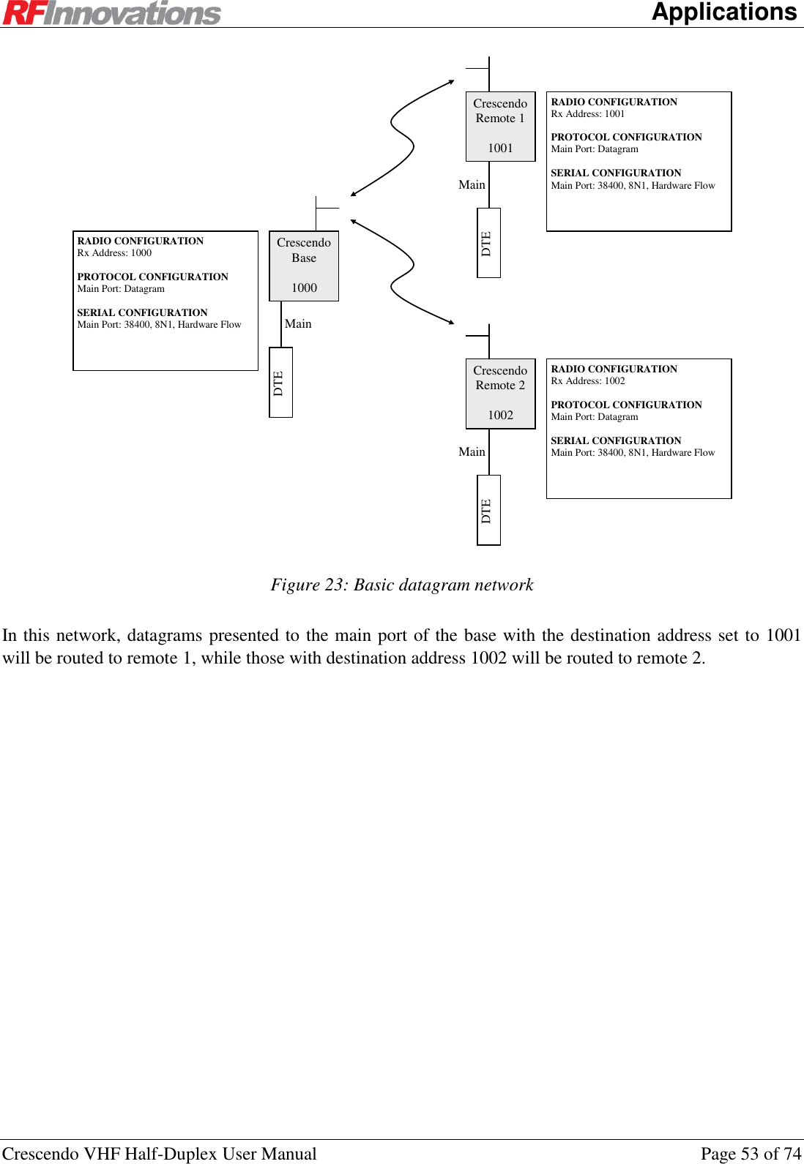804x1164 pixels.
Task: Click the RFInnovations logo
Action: pyautogui.click(x=111, y=13)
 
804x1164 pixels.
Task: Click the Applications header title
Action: pyautogui.click(x=723, y=12)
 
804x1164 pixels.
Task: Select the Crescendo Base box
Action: pyautogui.click(x=304, y=265)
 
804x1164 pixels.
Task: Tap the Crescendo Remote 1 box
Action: pyautogui.click(x=500, y=126)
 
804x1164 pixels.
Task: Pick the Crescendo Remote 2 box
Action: pyautogui.click(x=500, y=393)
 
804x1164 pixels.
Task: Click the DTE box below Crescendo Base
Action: pyautogui.click(x=280, y=383)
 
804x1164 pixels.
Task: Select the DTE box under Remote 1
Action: pyautogui.click(x=488, y=243)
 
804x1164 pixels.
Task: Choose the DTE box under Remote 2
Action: pyautogui.click(x=488, y=510)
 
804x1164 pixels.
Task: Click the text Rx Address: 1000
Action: pyautogui.click(x=114, y=253)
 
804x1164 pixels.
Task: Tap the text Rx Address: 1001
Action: pyautogui.click(x=588, y=114)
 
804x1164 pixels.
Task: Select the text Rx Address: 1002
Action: pyautogui.click(x=588, y=381)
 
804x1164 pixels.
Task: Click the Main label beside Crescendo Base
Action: pyautogui.click(x=298, y=324)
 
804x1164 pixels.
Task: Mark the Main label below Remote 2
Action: pyautogui.click(x=472, y=452)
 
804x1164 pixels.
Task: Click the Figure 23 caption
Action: pyautogui.click(x=402, y=585)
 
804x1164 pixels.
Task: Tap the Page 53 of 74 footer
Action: pyautogui.click(x=751, y=1154)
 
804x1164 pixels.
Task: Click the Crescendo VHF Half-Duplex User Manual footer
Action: pyautogui.click(x=160, y=1154)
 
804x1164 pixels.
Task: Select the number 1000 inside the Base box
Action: pyautogui.click(x=304, y=288)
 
